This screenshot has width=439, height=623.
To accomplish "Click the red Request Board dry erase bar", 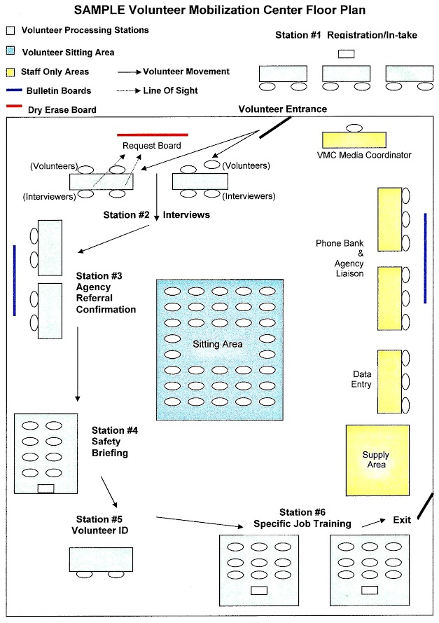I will pos(152,134).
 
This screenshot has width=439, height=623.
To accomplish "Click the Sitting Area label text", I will pos(218,344).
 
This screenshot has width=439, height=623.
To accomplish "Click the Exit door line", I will pos(424,507).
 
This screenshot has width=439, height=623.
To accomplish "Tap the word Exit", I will pos(401,520).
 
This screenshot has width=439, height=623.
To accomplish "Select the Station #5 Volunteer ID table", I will pos(101,559).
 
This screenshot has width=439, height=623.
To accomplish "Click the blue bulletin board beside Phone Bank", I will pos(425,259).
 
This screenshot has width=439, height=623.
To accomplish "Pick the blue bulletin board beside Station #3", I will pos(15,280).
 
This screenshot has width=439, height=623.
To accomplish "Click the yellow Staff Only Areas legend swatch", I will pos(11,71).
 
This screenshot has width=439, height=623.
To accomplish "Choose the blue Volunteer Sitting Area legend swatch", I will pos(11,51).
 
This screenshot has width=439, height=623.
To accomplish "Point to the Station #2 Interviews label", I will pos(156,215).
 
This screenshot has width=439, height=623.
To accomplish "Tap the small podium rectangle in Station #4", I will pos(46,488).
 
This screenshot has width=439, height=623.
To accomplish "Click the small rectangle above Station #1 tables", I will pos(346,53).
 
